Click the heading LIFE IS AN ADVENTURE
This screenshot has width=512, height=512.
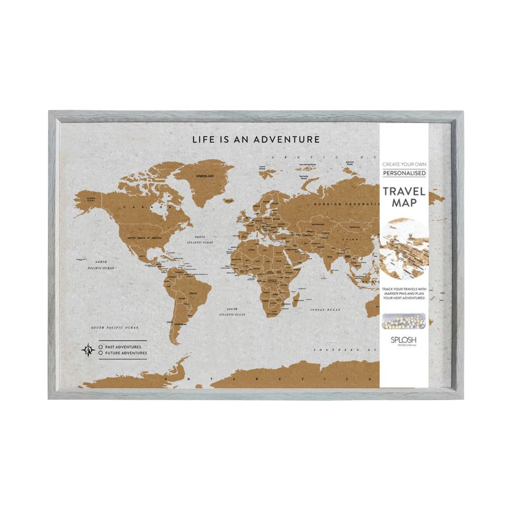click(256, 139)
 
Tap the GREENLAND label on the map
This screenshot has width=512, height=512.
click(205, 176)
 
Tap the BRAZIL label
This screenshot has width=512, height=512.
click(193, 294)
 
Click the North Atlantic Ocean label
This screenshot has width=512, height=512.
click(200, 239)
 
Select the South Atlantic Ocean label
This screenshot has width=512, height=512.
click(232, 311)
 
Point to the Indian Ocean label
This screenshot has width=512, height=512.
click(325, 310)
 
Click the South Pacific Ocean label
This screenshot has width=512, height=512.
click(115, 328)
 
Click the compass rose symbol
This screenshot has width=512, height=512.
click(89, 350)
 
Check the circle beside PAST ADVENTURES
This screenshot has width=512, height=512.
click(101, 347)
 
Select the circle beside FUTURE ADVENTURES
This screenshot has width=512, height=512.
click(101, 353)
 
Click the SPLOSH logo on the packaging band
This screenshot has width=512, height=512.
click(404, 340)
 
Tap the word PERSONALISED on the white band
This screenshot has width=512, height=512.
click(404, 173)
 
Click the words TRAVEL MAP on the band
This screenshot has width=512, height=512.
click(404, 197)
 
